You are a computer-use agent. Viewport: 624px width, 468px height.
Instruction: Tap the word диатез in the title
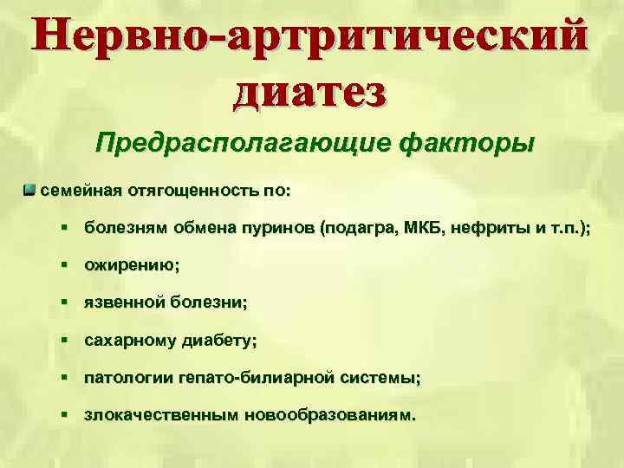click(x=310, y=90)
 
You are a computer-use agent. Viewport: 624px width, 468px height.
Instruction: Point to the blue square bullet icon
click(x=30, y=188)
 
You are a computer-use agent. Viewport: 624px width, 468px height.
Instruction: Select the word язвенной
click(x=124, y=304)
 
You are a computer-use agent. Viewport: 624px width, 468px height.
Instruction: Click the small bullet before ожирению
click(x=66, y=266)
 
